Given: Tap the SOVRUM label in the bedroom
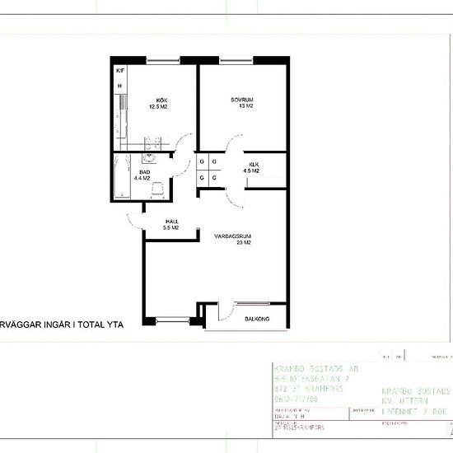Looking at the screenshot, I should (242, 99).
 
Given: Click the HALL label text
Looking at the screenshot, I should (171, 221).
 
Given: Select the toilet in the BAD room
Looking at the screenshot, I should (156, 189).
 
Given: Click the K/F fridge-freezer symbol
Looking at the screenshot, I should (119, 71).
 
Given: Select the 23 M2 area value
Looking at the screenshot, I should (242, 244).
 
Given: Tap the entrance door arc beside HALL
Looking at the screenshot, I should (136, 218).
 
